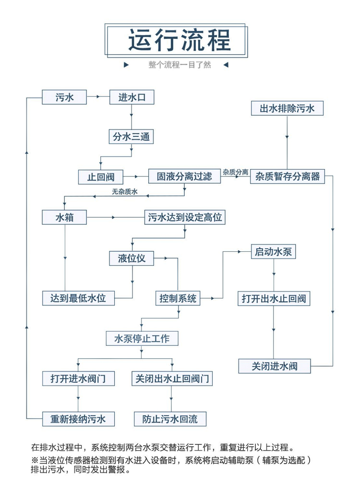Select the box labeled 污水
coord(64,98)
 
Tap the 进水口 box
coord(132,98)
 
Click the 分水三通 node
coord(132,137)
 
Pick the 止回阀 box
coord(101,177)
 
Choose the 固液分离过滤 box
coord(184,176)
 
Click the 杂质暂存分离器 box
coord(288,176)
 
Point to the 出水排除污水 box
coord(288,108)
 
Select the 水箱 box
coord(64,218)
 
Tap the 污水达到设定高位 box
coord(184,218)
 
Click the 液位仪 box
coord(132,258)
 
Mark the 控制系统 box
coord(178,298)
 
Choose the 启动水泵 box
coord(274,251)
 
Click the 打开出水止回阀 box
coord(274,298)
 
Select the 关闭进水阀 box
coord(274,366)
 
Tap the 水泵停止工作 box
coord(142,338)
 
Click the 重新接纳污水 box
coord(78,419)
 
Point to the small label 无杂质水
coord(125,192)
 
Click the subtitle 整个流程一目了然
coord(180,65)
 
